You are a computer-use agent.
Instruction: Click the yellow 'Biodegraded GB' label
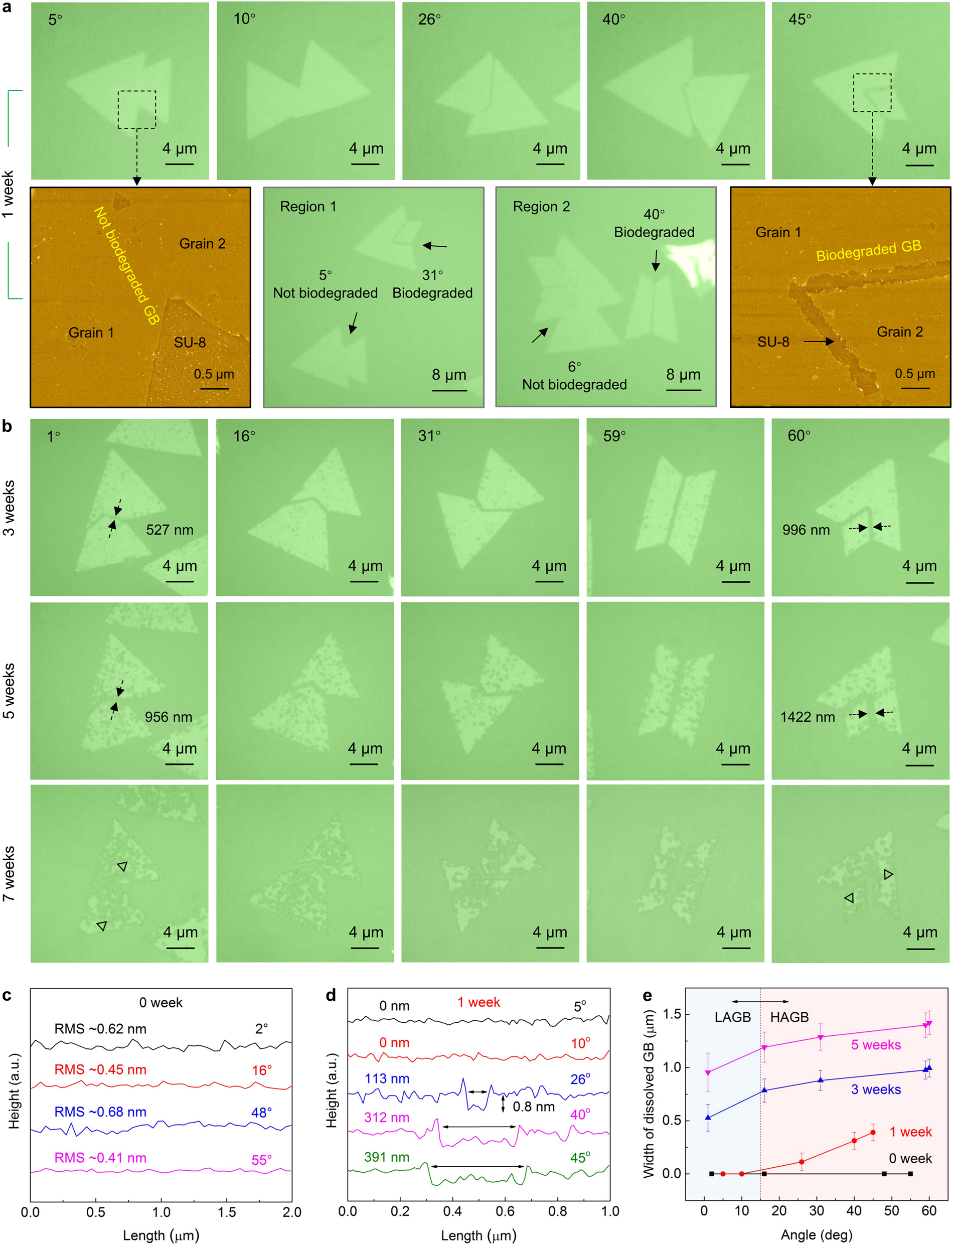(868, 251)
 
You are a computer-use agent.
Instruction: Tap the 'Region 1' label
(308, 207)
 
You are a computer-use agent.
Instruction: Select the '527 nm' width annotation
(170, 530)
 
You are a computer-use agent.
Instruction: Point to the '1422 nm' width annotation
(807, 716)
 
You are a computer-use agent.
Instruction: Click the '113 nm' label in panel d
(387, 1078)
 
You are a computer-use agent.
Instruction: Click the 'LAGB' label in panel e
(732, 1017)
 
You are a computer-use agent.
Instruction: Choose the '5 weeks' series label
(875, 1044)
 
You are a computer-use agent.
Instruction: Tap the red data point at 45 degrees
(872, 1132)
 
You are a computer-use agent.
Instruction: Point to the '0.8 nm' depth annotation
(533, 1106)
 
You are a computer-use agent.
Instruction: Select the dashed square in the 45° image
(872, 92)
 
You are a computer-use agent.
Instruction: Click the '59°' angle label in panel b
(614, 436)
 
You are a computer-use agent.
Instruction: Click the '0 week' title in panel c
(161, 1002)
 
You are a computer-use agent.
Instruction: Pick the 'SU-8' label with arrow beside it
(773, 342)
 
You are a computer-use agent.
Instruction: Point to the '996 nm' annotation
(806, 530)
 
